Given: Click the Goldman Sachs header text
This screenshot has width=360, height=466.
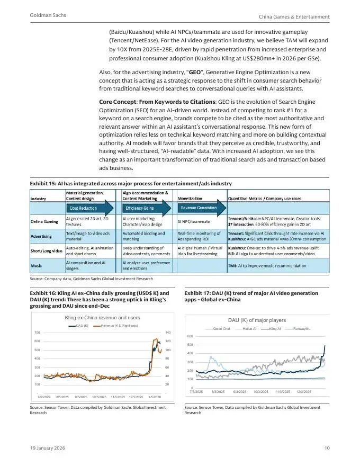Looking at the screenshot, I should click(48, 16).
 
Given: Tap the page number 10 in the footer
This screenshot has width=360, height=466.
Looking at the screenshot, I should click(327, 448).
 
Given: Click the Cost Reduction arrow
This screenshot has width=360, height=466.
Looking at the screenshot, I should click(87, 208).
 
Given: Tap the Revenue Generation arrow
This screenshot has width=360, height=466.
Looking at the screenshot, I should click(199, 208).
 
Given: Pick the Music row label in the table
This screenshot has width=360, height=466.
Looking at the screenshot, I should click(37, 265).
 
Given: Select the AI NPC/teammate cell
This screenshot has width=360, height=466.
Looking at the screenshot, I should click(194, 221).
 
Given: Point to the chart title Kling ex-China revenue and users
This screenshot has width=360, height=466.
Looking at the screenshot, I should click(102, 317).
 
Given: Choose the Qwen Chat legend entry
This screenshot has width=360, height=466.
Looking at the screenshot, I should click(219, 328).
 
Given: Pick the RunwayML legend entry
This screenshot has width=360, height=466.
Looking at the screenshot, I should click(300, 328).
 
